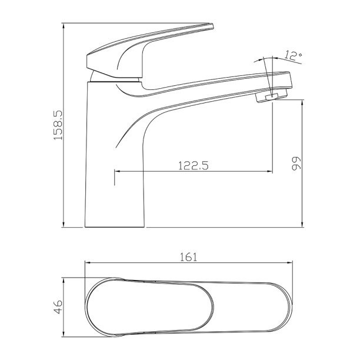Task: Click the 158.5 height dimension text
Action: [x=58, y=125]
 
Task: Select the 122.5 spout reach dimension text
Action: [x=194, y=165]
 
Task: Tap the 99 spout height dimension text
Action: [x=295, y=164]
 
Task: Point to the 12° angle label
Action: [x=294, y=55]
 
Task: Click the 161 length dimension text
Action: [x=188, y=258]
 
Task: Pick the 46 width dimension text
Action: [x=58, y=306]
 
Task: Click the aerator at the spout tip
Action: [x=272, y=96]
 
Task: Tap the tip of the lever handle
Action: [x=212, y=26]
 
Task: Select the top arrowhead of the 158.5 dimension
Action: [x=64, y=26]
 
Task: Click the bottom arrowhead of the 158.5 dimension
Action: [x=64, y=224]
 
